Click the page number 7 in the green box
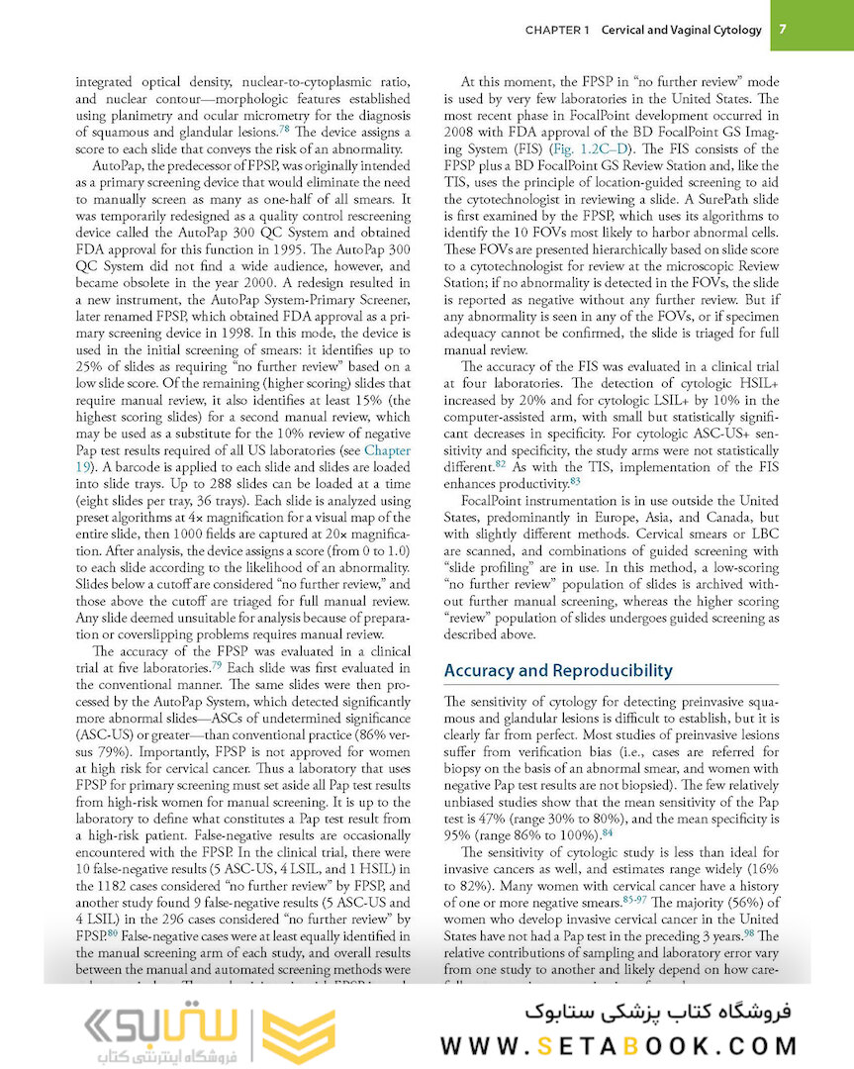coord(782,29)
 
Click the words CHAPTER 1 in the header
coord(557,30)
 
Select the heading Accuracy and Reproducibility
coord(558,670)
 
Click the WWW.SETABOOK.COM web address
coord(618,1045)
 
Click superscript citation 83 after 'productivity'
coord(576,482)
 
